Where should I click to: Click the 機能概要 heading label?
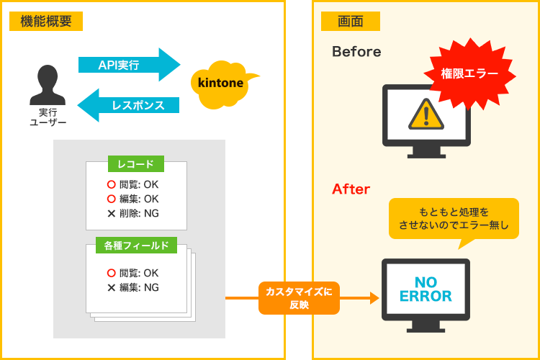tap(46, 22)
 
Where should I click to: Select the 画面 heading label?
tap(350, 22)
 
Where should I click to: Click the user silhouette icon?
tap(48, 85)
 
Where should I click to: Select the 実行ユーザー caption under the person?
tap(48, 117)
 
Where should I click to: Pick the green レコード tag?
tap(135, 164)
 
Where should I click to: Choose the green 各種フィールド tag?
tap(137, 246)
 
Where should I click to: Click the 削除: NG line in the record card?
tap(133, 213)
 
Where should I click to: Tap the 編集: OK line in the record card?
tap(133, 199)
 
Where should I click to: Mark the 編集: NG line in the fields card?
tap(133, 287)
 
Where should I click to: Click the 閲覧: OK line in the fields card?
tap(133, 273)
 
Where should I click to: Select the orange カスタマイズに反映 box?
tap(299, 298)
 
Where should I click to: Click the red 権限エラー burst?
tap(469, 73)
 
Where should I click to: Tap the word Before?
tap(356, 52)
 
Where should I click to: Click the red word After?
tap(351, 189)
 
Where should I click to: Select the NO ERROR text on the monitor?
tap(426, 289)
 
